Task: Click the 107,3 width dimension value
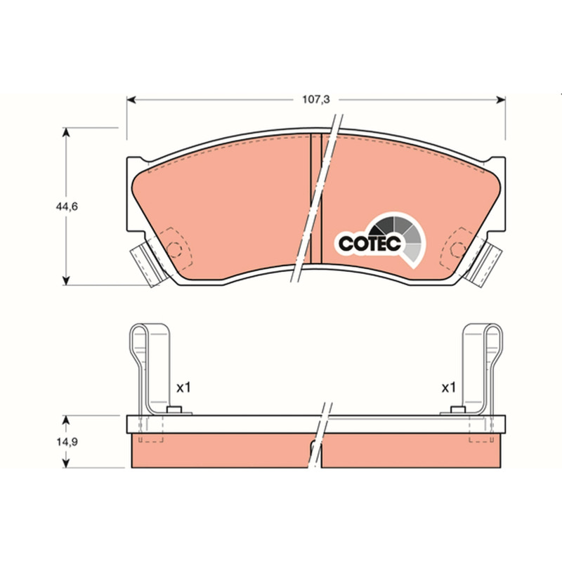pos(315,99)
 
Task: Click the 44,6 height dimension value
pos(67,207)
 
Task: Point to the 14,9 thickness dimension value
pos(67,442)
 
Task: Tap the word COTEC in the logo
pos(370,244)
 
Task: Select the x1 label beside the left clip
pos(183,388)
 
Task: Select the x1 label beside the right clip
pos(448,388)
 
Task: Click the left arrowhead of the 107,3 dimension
pos(131,100)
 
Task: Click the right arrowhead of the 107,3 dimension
pos(501,100)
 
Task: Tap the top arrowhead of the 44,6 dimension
pos(65,132)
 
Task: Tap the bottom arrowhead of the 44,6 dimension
pos(65,280)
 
